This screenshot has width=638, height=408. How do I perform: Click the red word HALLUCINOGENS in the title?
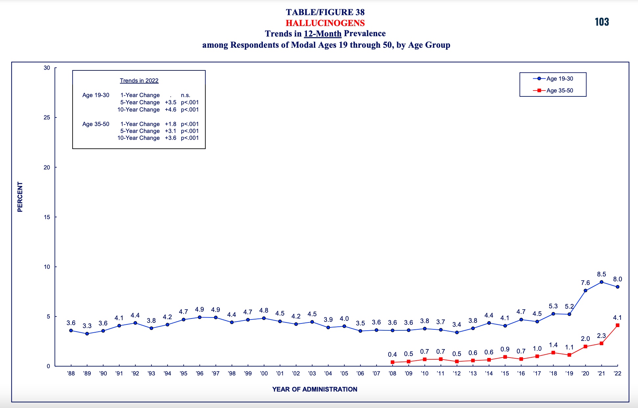coord(325,23)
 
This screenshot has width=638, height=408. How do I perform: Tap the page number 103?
coord(602,22)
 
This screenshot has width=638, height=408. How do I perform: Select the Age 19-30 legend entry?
coord(553,79)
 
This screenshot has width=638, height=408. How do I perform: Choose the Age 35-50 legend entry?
coord(553,90)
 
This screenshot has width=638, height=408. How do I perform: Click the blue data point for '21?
coord(602,282)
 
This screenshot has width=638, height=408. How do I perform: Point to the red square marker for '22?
coord(618,325)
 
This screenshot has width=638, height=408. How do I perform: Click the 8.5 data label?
coord(602,274)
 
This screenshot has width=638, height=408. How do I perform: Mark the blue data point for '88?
coord(71,331)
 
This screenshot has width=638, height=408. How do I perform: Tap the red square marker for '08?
coord(393,362)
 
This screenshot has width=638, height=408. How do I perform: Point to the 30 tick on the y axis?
coord(47,68)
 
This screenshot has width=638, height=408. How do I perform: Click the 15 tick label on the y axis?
coord(47,217)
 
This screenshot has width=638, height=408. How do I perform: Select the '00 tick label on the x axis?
coord(264,373)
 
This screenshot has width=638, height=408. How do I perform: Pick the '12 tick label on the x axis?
coord(457,373)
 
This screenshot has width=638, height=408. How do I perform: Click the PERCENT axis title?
coord(20,197)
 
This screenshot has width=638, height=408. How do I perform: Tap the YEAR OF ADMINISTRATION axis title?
coord(315,389)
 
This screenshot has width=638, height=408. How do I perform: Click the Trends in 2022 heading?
coord(139,81)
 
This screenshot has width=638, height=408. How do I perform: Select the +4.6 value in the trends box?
coord(171,110)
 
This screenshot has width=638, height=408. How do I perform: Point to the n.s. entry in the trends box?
coord(186,95)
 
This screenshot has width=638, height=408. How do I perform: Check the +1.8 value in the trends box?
coord(171,124)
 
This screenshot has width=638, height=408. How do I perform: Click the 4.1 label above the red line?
coord(618,318)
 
